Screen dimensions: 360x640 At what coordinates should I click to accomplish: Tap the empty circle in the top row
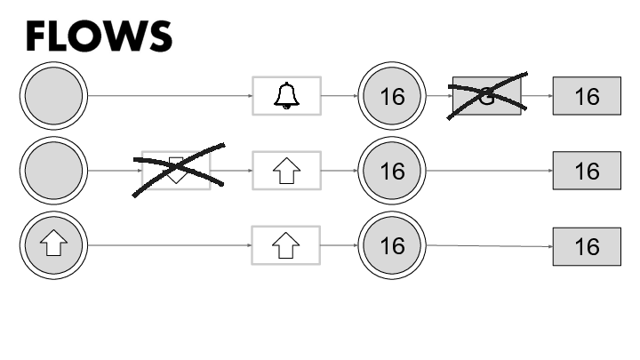52,95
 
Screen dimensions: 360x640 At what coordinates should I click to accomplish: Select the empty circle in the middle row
52,170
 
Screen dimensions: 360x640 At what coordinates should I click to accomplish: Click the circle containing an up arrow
52,244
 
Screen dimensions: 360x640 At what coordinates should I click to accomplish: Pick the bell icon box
286,95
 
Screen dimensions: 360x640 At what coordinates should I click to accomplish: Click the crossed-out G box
486,96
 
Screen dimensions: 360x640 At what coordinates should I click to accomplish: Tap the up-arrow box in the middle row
286,170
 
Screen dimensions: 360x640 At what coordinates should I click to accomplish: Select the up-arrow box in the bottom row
286,244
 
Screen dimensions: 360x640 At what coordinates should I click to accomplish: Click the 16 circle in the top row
392,95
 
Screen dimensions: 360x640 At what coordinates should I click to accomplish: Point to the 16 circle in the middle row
392,170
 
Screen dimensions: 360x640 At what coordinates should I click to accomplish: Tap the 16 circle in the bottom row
392,244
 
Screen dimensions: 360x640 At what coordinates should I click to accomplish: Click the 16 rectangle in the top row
587,96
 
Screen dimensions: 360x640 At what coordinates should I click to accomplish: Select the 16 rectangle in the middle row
587,171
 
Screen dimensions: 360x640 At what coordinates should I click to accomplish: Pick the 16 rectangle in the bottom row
587,245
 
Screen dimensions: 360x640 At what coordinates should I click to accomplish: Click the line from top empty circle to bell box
169,95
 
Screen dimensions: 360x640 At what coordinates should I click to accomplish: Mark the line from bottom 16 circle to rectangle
489,245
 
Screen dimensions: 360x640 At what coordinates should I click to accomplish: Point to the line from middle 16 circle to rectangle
489,170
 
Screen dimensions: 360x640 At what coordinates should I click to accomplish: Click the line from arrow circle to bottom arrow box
169,244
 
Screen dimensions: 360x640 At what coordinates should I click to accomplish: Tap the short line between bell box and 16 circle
339,95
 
